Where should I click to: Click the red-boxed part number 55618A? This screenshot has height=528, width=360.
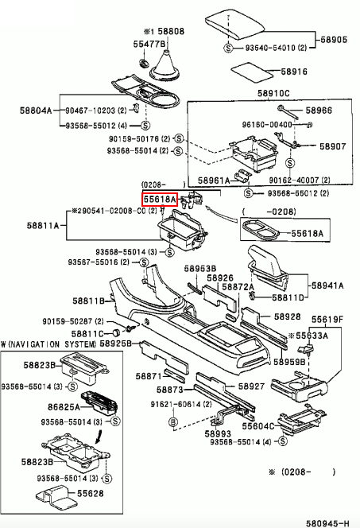[160, 200]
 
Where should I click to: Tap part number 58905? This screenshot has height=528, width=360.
[334, 40]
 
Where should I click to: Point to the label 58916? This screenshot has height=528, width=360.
[294, 72]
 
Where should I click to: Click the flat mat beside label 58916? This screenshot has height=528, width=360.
[252, 72]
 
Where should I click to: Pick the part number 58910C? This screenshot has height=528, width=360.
[273, 93]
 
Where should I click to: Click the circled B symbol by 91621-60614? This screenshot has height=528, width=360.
[172, 422]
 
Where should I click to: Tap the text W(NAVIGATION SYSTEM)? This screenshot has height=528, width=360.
[48, 344]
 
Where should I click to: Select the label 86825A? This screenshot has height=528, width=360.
[64, 407]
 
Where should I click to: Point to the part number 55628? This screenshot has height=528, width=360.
[90, 493]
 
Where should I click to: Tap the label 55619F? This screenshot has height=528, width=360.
[327, 319]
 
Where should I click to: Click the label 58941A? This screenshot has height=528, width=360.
[327, 286]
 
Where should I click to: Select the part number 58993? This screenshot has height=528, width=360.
[218, 433]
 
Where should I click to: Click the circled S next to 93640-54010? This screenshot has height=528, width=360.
[228, 48]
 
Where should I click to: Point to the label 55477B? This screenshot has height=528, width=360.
[149, 44]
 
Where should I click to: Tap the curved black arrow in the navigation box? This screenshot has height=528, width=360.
[99, 436]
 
